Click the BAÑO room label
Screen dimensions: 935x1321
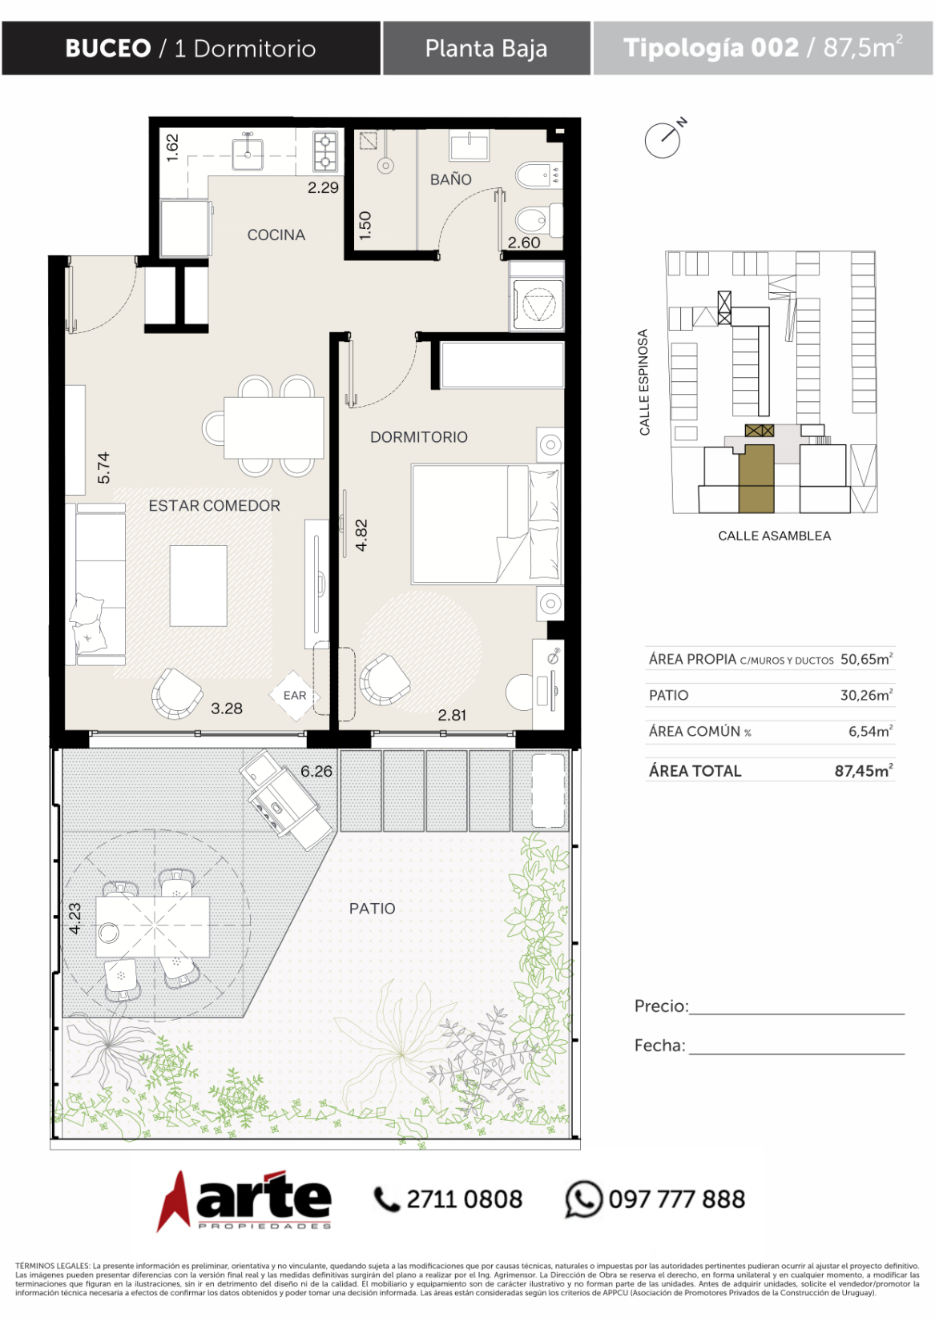click(450, 179)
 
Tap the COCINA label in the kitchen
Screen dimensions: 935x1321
click(276, 235)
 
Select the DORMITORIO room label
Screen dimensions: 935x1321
click(418, 437)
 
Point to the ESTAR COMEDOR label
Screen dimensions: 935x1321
click(214, 505)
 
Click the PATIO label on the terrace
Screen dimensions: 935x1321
click(372, 908)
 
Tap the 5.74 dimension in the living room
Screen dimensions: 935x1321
click(103, 468)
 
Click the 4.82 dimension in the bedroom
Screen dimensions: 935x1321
click(361, 535)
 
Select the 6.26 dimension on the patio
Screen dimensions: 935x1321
click(316, 771)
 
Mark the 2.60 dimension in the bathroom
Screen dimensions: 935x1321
click(523, 243)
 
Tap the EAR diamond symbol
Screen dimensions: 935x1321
click(295, 695)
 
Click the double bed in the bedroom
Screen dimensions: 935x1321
click(486, 524)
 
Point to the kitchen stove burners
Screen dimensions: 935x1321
click(325, 151)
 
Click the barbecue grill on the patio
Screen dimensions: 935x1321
click(286, 800)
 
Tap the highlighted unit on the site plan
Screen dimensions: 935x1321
click(756, 478)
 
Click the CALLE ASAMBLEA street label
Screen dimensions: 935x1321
click(774, 536)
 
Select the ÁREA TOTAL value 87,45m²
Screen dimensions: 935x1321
click(864, 771)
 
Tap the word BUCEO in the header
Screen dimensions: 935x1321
click(108, 48)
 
